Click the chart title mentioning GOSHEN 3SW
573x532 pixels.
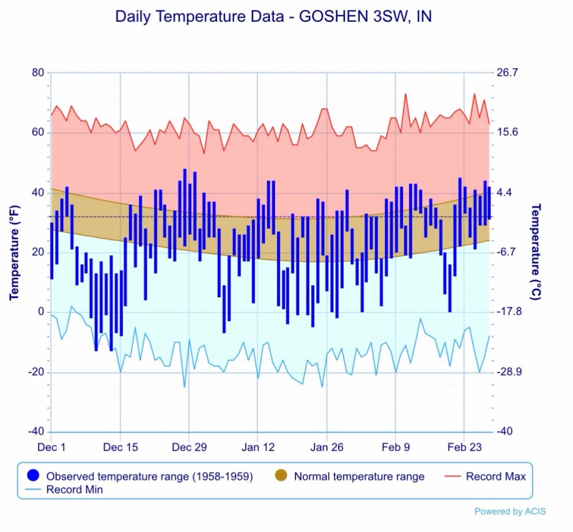tap(274, 17)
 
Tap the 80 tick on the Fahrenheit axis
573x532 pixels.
tap(37, 73)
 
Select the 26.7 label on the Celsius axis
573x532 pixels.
tap(507, 73)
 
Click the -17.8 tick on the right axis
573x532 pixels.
tap(509, 312)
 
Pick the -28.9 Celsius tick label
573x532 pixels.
tap(509, 372)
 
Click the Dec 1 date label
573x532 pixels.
tap(51, 447)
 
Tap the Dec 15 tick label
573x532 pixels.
tap(120, 447)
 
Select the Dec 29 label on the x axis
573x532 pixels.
tap(189, 447)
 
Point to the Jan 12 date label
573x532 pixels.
tap(258, 447)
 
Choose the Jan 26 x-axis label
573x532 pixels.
tap(327, 447)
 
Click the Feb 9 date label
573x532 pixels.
tap(395, 447)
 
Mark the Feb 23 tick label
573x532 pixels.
tap(464, 447)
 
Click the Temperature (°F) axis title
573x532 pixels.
tap(15, 253)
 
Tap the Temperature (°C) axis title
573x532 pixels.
tap(536, 251)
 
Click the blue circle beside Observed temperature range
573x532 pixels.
tap(33, 476)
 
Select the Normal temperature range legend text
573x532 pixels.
tap(359, 477)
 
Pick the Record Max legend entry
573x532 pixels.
tap(496, 477)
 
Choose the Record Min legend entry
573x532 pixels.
tap(74, 489)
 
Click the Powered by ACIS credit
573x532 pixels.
tap(510, 511)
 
